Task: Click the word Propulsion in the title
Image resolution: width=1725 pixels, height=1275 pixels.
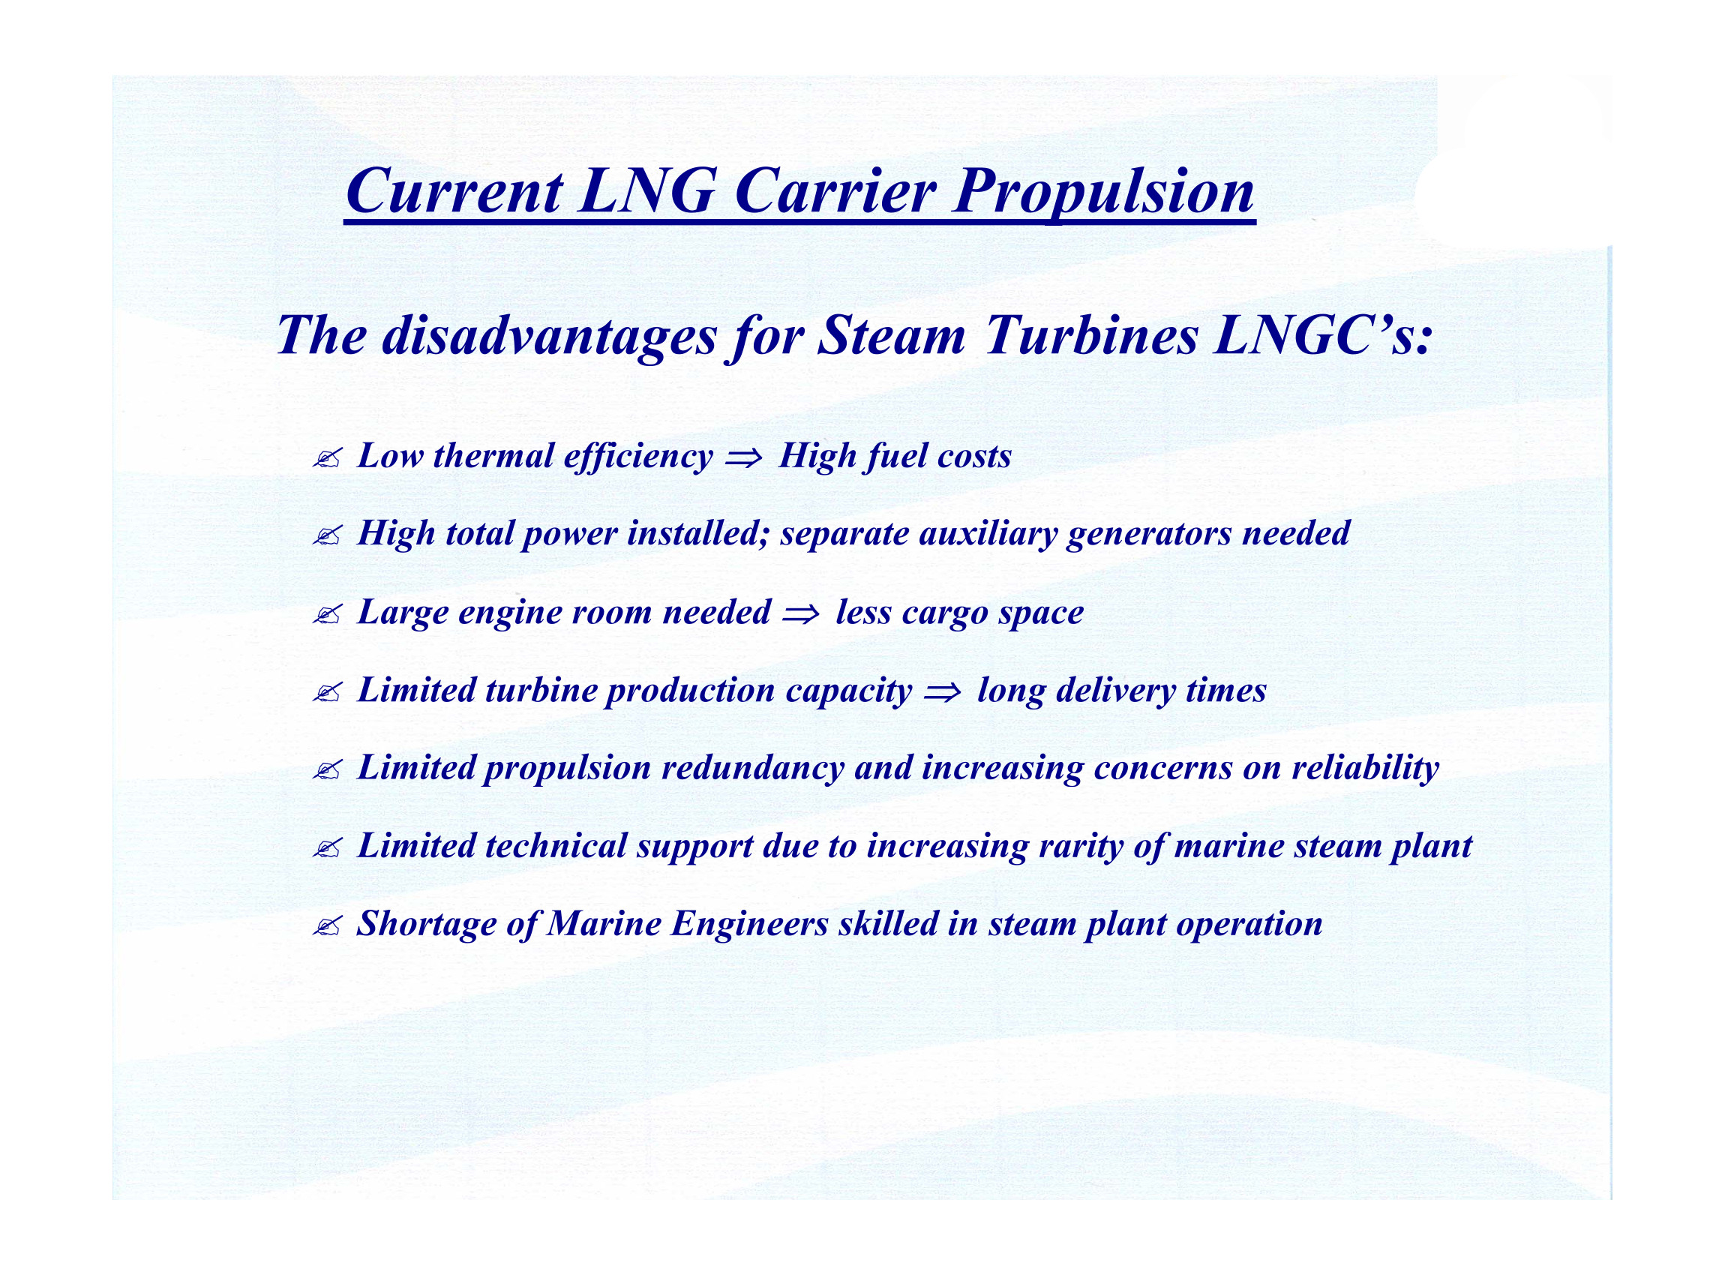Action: click(1104, 192)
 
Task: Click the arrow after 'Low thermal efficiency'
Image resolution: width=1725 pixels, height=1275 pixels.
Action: click(744, 457)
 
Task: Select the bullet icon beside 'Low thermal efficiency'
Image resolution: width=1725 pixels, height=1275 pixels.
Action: click(326, 459)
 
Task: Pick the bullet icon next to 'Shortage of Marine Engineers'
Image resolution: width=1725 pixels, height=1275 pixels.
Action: click(326, 926)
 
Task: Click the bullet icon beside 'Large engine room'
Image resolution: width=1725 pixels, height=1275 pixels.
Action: click(326, 615)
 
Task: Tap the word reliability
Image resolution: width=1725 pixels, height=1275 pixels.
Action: click(1365, 769)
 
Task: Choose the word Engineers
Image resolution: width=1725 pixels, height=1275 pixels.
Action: click(749, 925)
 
